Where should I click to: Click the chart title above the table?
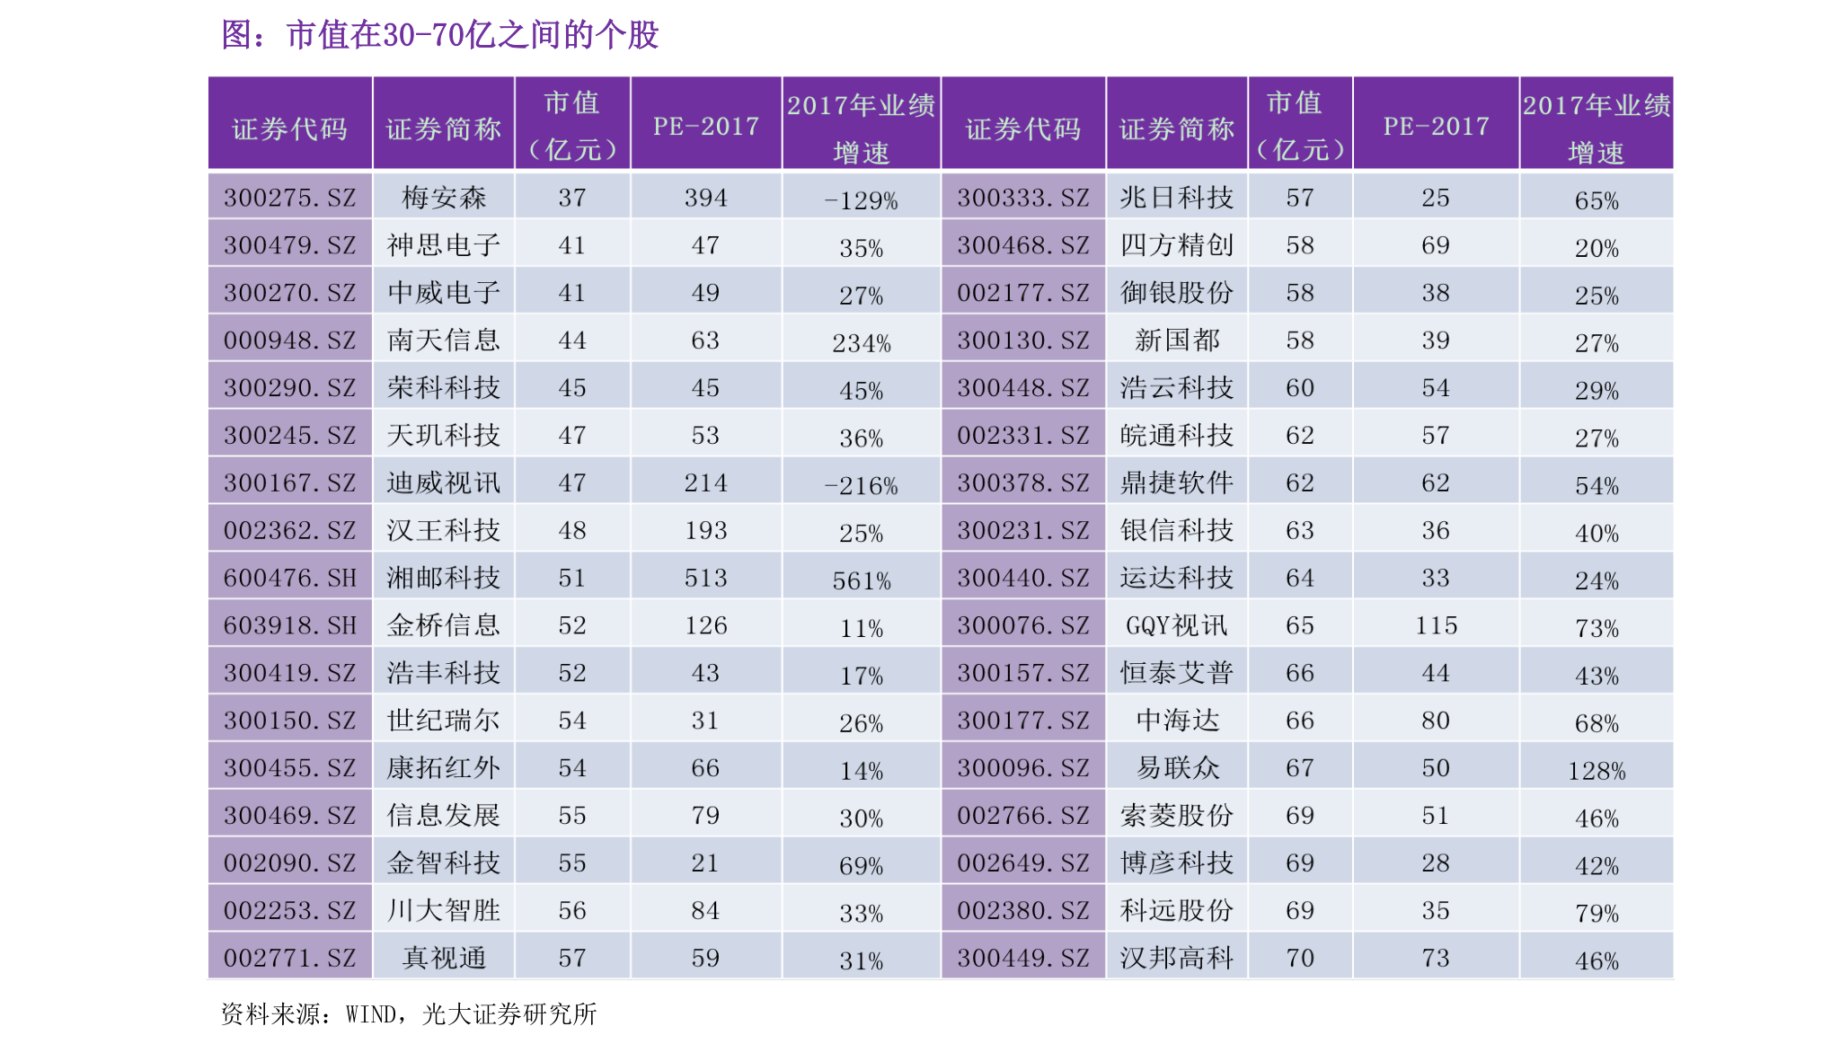(x=440, y=36)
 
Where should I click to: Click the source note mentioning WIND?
(x=409, y=1014)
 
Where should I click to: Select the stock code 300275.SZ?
(x=289, y=198)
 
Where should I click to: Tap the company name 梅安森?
(x=444, y=198)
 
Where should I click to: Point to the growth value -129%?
(x=861, y=200)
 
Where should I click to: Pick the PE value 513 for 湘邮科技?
(x=705, y=578)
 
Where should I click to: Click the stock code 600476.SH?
(x=289, y=578)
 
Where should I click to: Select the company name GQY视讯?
(x=1176, y=625)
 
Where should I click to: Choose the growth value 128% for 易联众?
(x=1596, y=771)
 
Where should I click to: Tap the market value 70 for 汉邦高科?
(x=1299, y=958)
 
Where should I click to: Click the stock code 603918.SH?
(x=289, y=625)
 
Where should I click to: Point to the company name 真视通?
(x=444, y=958)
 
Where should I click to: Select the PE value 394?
(x=705, y=198)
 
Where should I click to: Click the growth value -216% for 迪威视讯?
(x=861, y=486)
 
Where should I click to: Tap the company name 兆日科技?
(x=1176, y=198)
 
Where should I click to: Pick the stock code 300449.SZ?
(x=1022, y=958)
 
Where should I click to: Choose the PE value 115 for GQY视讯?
(x=1436, y=625)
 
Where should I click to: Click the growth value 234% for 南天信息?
(x=861, y=343)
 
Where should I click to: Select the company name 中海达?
(x=1176, y=721)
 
